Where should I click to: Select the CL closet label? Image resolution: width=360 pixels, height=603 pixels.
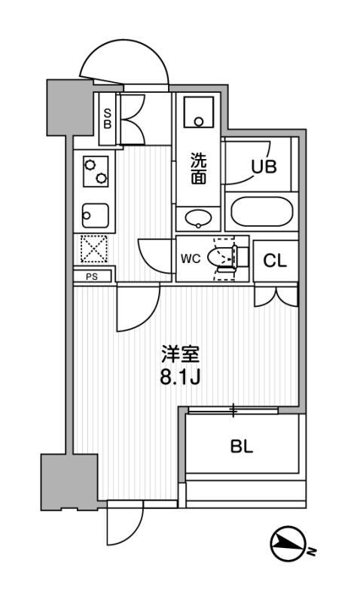274,262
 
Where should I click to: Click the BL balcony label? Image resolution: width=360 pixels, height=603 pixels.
242,445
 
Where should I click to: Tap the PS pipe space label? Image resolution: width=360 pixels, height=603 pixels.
93,277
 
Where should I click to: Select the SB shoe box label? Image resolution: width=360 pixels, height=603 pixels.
107,119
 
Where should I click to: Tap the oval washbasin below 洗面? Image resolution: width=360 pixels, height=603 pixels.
199,219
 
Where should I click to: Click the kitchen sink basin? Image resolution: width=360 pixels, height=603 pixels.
93,216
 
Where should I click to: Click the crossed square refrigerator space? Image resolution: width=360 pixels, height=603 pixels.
93,249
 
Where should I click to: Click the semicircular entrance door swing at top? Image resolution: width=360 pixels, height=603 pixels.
125,64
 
